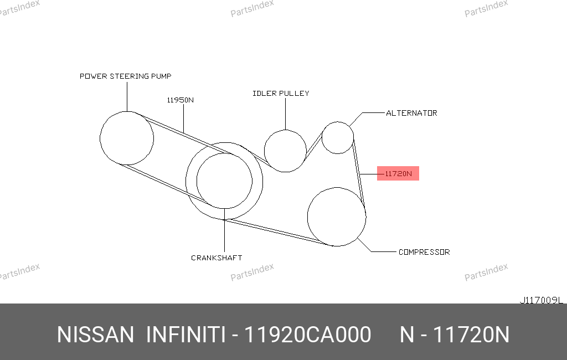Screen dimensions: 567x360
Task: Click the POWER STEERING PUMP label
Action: tap(126, 76)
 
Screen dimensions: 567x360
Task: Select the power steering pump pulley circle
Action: tap(100, 138)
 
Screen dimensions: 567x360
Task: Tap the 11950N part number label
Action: tap(180, 100)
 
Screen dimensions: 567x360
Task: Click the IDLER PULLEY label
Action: tap(281, 94)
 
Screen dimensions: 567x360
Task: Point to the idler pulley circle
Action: tap(264, 151)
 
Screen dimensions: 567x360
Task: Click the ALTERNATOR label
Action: tap(411, 113)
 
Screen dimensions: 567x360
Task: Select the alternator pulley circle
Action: tap(322, 138)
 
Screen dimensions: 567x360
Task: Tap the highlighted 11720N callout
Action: tap(398, 173)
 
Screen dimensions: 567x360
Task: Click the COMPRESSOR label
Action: tap(424, 252)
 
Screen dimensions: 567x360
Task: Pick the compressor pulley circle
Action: tap(308, 217)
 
